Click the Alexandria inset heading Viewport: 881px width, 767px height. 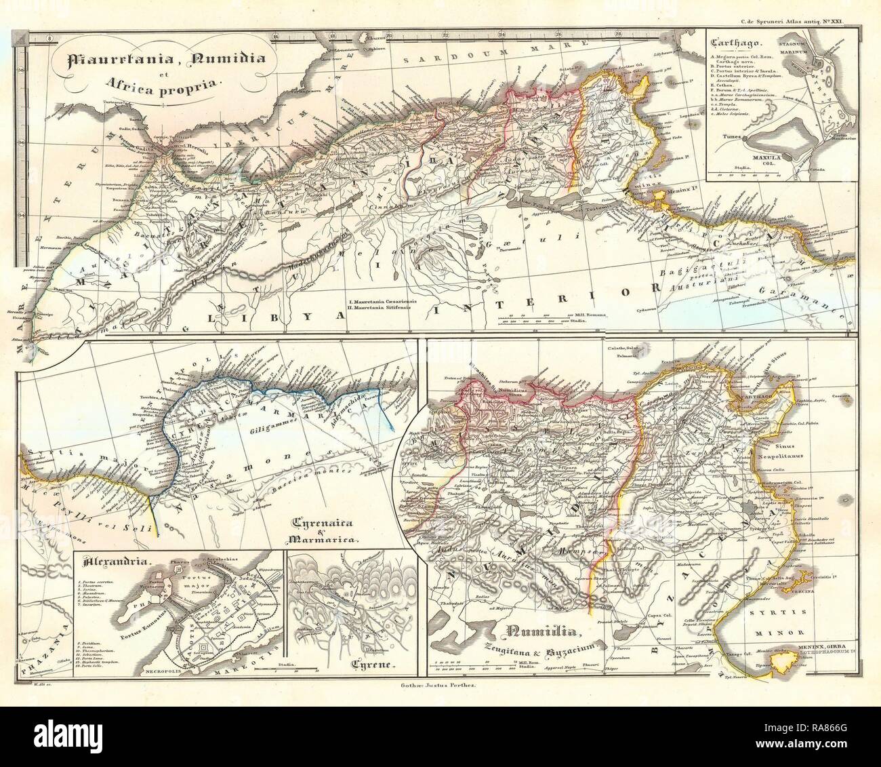(x=106, y=560)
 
